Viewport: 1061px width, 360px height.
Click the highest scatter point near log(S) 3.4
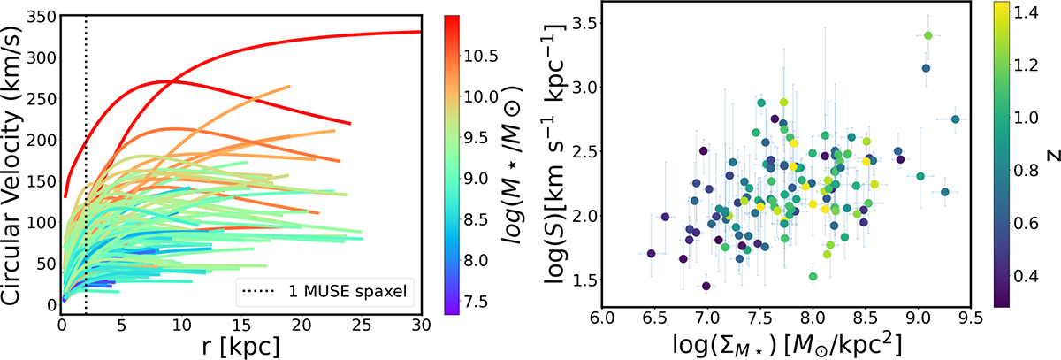(x=928, y=35)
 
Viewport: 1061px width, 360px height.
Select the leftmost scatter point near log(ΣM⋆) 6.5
(x=651, y=254)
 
